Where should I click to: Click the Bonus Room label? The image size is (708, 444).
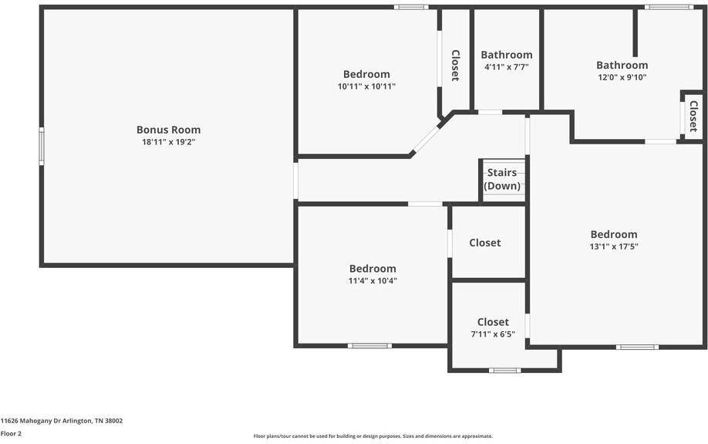(x=168, y=130)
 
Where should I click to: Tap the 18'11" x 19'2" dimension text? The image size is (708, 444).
(x=168, y=142)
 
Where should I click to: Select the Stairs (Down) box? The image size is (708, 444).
(x=503, y=180)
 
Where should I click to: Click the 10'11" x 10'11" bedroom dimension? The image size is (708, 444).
(x=366, y=86)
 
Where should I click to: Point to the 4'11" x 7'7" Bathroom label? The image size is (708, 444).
(x=506, y=55)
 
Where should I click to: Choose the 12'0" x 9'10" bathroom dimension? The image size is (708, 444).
(x=622, y=77)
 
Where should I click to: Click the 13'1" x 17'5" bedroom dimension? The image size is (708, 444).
(x=614, y=247)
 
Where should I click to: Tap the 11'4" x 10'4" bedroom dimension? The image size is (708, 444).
(x=373, y=281)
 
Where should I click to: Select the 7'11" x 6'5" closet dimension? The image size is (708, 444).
(x=493, y=334)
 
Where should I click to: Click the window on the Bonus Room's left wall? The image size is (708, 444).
(x=42, y=146)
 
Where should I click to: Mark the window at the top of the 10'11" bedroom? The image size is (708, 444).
(x=411, y=8)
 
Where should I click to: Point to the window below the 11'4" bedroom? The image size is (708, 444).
(x=369, y=345)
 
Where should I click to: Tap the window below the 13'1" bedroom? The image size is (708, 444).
(x=637, y=347)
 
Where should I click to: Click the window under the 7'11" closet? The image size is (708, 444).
(x=504, y=371)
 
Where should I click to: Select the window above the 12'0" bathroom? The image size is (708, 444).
(x=669, y=8)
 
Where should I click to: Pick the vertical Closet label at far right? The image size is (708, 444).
(x=693, y=116)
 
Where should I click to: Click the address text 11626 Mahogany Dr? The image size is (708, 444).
(x=62, y=421)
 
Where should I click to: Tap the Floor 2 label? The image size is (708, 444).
(x=12, y=434)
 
